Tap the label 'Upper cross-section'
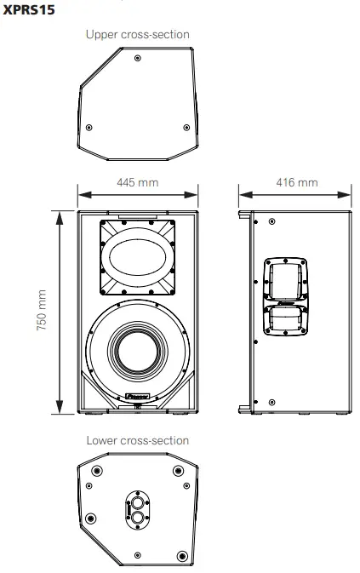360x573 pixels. [x=138, y=34]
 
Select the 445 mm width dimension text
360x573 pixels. [x=138, y=182]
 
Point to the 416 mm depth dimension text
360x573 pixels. [x=297, y=182]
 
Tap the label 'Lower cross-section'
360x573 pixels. [x=138, y=440]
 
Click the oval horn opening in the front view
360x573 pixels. [x=139, y=256]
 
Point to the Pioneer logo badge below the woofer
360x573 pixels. [x=138, y=397]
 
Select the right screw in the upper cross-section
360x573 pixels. [x=186, y=127]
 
